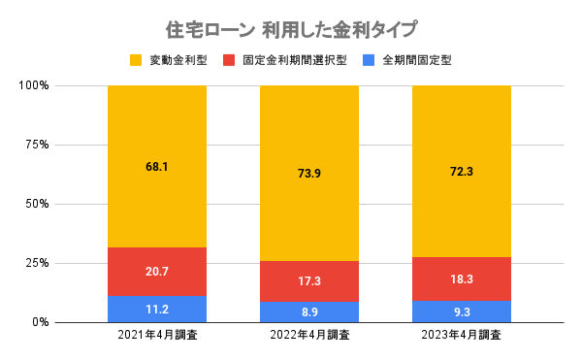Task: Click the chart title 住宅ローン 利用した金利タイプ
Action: (291, 29)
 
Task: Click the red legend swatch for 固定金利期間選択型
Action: (230, 60)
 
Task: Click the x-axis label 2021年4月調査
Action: (156, 337)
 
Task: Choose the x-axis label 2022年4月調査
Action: (308, 337)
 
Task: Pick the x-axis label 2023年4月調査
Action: (461, 337)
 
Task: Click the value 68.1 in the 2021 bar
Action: (156, 167)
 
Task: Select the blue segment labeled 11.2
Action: (156, 310)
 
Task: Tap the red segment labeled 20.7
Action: (156, 272)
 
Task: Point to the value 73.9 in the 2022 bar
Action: (308, 174)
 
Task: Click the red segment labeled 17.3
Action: (308, 281)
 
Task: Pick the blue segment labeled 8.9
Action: (308, 311)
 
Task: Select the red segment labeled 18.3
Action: (461, 278)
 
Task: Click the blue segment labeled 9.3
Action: (461, 311)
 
